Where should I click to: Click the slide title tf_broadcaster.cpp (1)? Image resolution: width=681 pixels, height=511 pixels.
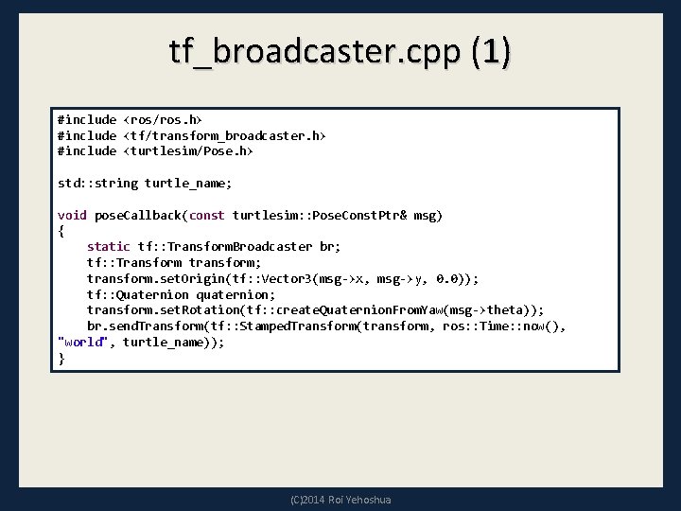point(340,51)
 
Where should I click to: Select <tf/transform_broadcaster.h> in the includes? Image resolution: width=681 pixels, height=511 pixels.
point(224,136)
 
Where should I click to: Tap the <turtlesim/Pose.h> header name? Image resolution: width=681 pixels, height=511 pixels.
point(188,151)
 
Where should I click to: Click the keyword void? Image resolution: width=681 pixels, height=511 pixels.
point(72,216)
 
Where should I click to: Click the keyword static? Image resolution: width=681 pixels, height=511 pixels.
point(109,247)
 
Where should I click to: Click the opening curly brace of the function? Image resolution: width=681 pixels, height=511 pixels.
point(61,231)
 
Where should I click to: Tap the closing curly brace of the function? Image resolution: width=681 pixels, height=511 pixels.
point(61,359)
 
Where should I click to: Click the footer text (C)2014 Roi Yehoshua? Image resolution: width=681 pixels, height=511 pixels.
point(340,500)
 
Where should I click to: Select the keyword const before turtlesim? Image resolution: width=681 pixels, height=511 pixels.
point(206,216)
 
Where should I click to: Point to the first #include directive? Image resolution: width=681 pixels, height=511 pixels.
point(86,120)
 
